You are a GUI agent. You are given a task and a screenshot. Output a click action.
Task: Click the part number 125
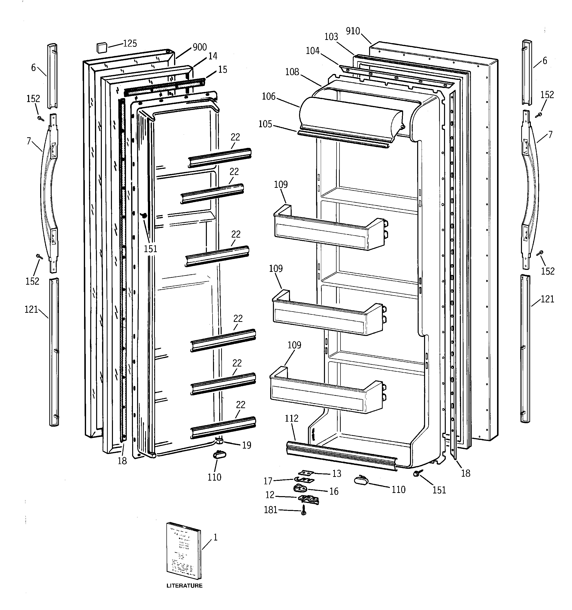(130, 44)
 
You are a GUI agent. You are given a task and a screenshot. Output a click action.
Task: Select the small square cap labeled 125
(102, 48)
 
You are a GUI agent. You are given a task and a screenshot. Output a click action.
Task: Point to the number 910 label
(353, 31)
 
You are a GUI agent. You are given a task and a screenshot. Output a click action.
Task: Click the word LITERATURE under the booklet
(184, 585)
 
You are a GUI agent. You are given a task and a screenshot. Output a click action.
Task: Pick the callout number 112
(291, 418)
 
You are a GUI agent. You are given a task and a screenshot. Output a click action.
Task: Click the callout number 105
(265, 124)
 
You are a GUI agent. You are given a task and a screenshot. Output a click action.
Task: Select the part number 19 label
(247, 445)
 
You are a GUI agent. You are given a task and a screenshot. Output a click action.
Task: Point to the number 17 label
(268, 481)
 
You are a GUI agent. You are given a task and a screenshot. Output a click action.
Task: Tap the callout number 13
(337, 473)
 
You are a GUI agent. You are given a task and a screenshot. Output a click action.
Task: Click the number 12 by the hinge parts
(270, 495)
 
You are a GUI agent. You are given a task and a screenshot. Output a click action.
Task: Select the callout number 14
(213, 56)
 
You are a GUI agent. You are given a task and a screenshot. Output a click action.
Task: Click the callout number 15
(223, 70)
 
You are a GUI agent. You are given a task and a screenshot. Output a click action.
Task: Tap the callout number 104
(313, 51)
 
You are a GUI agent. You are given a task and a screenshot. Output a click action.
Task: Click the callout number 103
(331, 37)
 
